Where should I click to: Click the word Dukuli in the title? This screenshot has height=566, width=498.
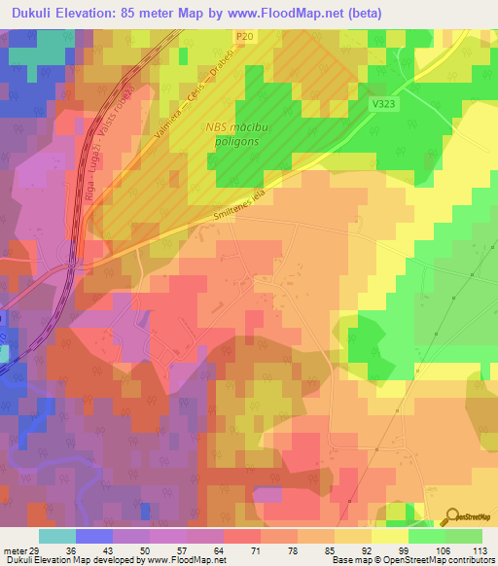pyautogui.click(x=30, y=14)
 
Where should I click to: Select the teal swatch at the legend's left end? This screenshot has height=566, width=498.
pyautogui.click(x=56, y=535)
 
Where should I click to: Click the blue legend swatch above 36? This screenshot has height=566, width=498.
pyautogui.click(x=93, y=535)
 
